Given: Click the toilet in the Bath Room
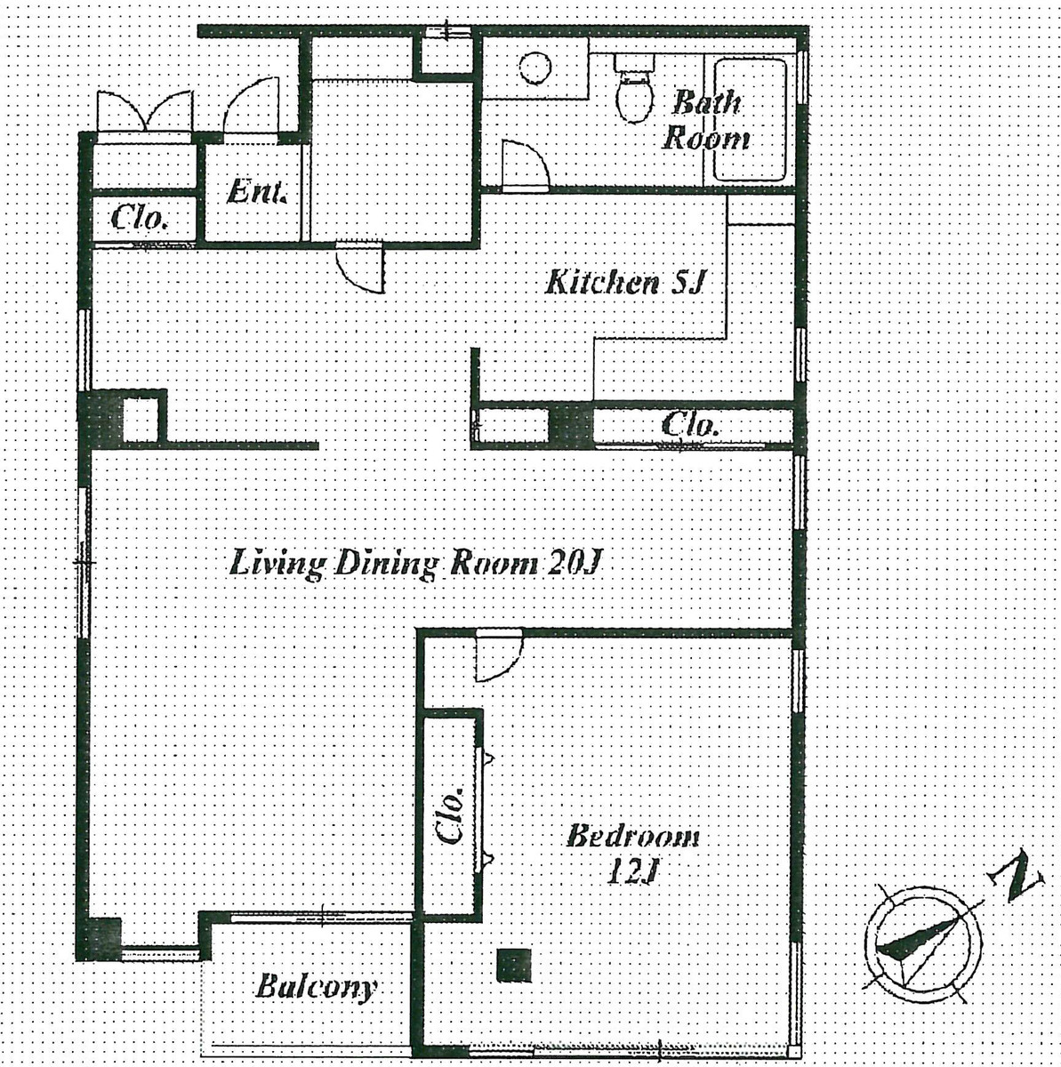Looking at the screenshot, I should (x=634, y=89).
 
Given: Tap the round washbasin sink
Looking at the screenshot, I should (x=536, y=68).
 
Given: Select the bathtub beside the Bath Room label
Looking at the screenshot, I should (x=751, y=120).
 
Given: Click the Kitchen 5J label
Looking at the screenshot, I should (x=624, y=283).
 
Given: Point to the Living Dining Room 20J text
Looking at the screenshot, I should (x=417, y=564).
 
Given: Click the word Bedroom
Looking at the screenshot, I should (x=632, y=836).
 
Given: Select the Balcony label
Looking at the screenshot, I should (x=316, y=986).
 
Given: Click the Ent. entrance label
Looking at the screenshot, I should (x=257, y=192).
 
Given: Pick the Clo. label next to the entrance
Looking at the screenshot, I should (x=141, y=217).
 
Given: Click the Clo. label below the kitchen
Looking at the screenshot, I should (x=690, y=425).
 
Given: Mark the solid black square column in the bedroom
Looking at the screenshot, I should (x=513, y=966).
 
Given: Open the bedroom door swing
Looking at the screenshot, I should (x=495, y=655).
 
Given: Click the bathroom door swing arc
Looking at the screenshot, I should (x=524, y=164).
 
